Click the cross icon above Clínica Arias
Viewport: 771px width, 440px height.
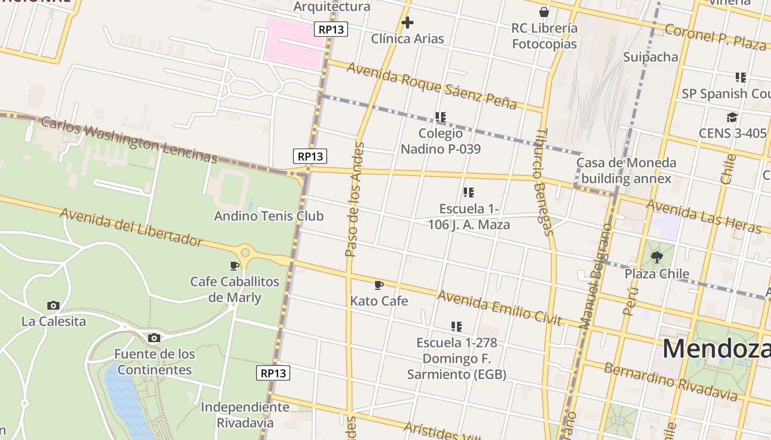click(x=408, y=23)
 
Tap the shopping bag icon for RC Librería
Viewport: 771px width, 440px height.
click(x=544, y=12)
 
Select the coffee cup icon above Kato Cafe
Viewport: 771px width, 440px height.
click(x=378, y=285)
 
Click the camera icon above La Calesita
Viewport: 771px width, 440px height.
click(x=53, y=305)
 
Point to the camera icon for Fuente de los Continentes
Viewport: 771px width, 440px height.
click(x=154, y=338)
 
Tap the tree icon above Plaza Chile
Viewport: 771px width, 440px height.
click(x=656, y=257)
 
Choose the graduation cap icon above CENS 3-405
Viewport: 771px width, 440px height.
click(x=732, y=117)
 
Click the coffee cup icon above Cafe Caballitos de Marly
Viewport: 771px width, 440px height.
click(x=235, y=266)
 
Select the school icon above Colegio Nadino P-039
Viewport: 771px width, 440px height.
click(x=440, y=117)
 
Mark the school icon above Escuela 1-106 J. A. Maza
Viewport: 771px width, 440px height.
click(x=469, y=193)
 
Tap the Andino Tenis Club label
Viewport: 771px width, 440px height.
click(x=269, y=216)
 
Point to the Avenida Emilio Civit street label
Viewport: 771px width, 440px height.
click(x=499, y=307)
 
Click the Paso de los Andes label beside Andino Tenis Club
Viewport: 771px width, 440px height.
click(x=354, y=200)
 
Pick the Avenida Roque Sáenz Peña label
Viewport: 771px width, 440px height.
click(x=432, y=85)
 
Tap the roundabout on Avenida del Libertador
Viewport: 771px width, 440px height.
click(x=245, y=253)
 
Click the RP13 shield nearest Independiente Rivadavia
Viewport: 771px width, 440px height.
click(x=273, y=373)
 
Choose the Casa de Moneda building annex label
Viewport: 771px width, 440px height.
click(x=626, y=170)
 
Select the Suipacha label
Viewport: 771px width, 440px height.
click(x=650, y=57)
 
